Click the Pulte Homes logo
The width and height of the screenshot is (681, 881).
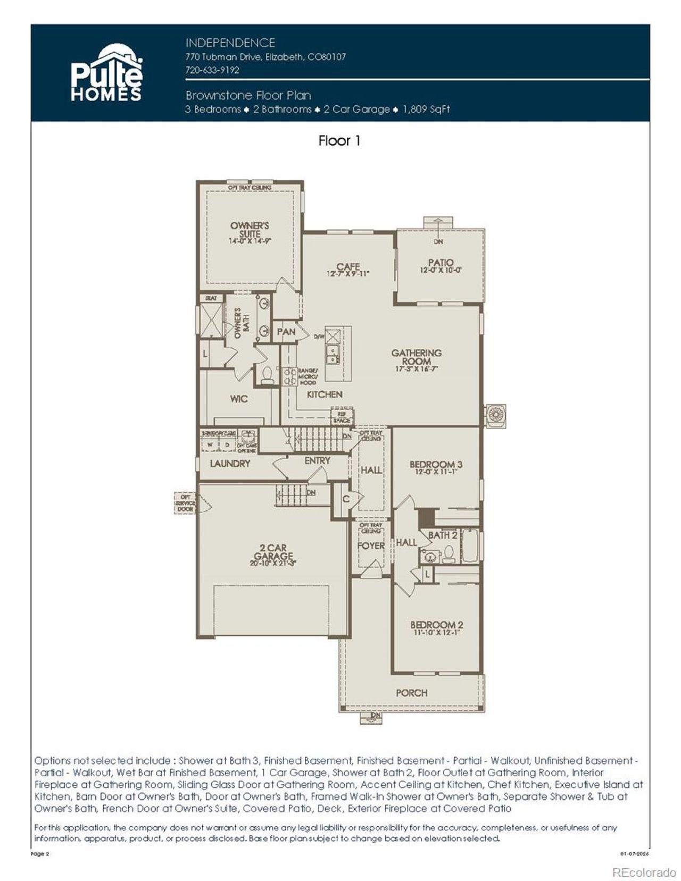[x=106, y=73]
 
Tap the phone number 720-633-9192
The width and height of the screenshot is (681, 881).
[x=212, y=70]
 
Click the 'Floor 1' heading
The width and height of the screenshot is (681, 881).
[x=339, y=141]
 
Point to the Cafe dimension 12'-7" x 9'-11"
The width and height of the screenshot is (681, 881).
[x=348, y=274]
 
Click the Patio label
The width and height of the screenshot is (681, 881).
[x=441, y=262]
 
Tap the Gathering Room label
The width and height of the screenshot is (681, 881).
[x=416, y=357]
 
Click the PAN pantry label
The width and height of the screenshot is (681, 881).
[x=286, y=332]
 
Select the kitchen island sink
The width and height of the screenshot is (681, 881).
[x=333, y=355]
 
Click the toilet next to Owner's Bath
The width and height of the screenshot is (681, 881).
[x=267, y=374]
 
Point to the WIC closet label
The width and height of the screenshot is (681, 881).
[x=239, y=399]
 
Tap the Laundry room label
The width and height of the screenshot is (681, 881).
[x=230, y=464]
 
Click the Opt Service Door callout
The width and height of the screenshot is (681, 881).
[x=186, y=503]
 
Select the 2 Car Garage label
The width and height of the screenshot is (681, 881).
[x=273, y=551]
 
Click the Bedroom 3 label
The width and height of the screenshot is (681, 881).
[x=436, y=464]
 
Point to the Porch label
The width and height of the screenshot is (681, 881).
[x=412, y=693]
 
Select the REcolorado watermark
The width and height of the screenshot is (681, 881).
[x=644, y=872]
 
